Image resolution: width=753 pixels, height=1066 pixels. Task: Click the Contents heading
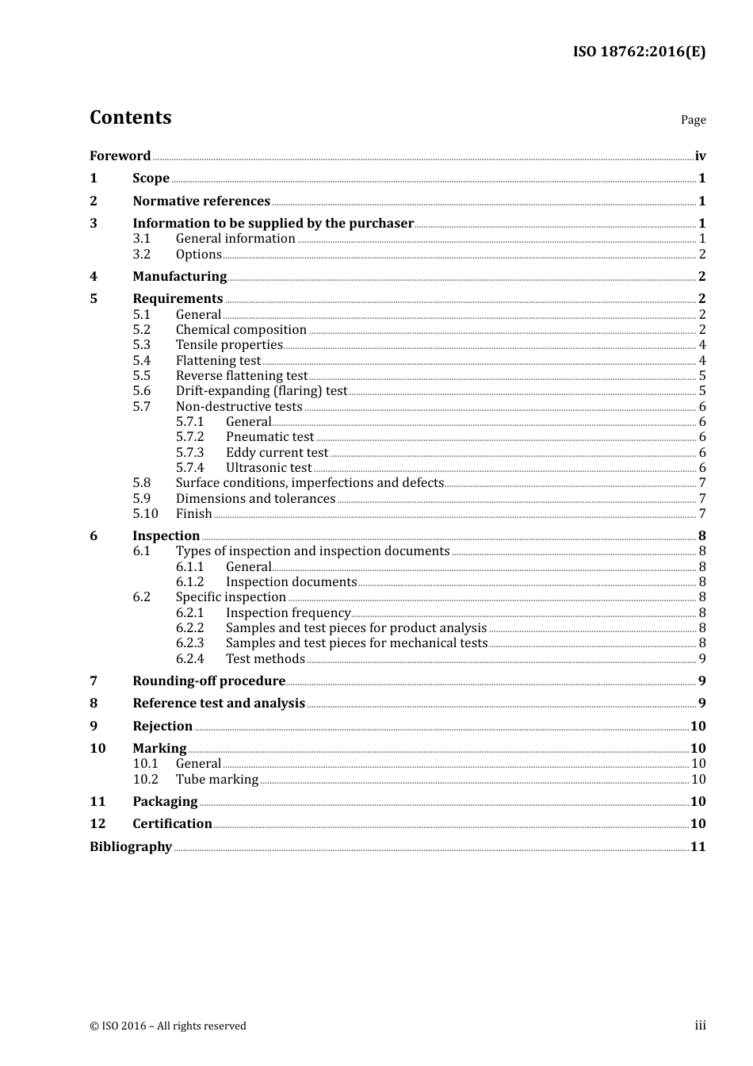(x=131, y=117)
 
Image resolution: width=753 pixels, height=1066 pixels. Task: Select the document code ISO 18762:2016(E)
(x=639, y=52)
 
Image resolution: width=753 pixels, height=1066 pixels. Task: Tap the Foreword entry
(x=120, y=156)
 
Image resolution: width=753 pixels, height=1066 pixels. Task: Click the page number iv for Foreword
(x=700, y=156)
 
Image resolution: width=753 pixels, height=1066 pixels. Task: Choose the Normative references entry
(x=201, y=201)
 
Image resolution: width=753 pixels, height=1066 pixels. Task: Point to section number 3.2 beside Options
(x=142, y=255)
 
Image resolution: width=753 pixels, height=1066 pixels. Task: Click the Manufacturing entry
(x=180, y=277)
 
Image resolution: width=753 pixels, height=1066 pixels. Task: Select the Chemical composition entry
(x=241, y=330)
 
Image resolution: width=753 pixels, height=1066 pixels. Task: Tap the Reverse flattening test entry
(x=242, y=376)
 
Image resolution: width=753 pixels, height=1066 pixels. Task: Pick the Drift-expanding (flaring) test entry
(x=262, y=391)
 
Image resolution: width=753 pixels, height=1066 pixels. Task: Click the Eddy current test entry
(x=277, y=453)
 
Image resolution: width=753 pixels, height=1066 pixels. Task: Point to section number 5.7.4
(x=190, y=468)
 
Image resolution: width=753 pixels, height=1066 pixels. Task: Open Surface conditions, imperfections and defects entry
(x=310, y=483)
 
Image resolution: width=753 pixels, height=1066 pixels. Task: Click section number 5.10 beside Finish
(x=146, y=514)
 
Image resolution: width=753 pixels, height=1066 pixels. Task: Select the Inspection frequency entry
(x=289, y=613)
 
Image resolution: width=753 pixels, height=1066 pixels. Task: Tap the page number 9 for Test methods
(x=702, y=659)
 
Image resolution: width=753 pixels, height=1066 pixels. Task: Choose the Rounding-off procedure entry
(x=208, y=681)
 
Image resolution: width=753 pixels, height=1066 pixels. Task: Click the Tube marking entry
(x=217, y=780)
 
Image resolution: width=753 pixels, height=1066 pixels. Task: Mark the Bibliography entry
(x=131, y=847)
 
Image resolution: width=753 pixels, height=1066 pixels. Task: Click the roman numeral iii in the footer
(x=701, y=1026)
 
